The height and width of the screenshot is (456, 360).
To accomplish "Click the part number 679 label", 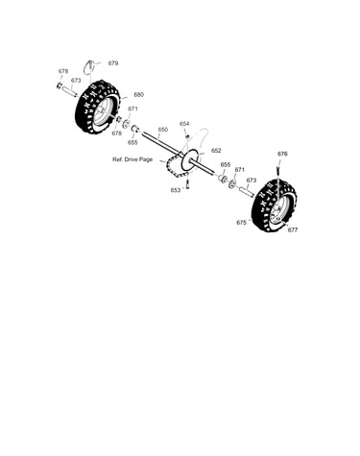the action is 113,63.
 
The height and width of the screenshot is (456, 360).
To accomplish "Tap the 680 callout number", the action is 138,94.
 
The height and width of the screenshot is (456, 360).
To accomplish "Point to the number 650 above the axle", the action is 163,130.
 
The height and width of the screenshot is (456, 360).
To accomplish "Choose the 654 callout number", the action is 184,124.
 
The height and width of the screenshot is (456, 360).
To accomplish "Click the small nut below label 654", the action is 187,137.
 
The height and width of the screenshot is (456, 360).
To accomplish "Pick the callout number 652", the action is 216,150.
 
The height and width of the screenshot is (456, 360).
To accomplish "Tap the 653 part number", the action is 176,190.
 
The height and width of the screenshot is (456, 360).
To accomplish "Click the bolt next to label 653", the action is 187,183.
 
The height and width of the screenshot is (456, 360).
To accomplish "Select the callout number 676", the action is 282,154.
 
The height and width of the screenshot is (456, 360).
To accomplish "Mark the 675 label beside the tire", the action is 241,223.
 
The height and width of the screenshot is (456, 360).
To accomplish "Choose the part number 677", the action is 293,229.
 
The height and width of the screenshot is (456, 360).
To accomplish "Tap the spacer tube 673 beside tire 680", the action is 70,91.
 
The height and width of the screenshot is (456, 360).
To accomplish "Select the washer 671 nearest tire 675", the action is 231,184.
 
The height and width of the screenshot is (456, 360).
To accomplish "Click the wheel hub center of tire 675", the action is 278,207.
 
